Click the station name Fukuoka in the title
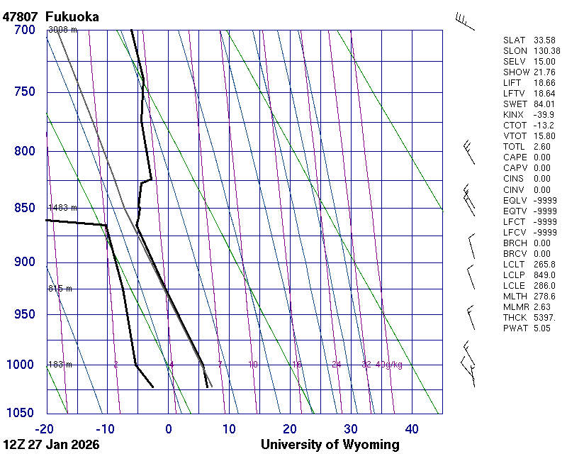tap(72, 16)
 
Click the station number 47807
tap(21, 16)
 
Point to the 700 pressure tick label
tap(25, 30)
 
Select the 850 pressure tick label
tap(25, 208)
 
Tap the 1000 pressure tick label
tap(22, 365)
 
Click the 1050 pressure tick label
tap(22, 414)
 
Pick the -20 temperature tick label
tap(45, 428)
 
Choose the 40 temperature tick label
tap(412, 428)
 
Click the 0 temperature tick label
tap(169, 428)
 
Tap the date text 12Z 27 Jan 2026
tap(51, 445)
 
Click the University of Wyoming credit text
tap(330, 445)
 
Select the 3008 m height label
tap(62, 30)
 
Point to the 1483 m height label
tap(62, 208)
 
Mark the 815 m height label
tap(60, 289)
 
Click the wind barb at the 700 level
tap(464, 21)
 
